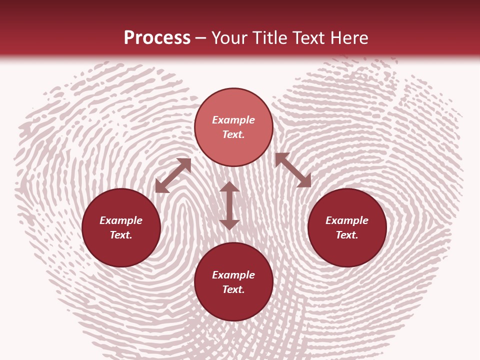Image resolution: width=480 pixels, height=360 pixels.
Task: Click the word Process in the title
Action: (x=157, y=38)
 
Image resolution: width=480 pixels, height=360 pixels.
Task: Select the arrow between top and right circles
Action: (x=293, y=170)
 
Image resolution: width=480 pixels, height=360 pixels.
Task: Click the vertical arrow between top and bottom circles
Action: (x=229, y=205)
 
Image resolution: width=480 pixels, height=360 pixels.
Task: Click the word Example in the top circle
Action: (x=233, y=120)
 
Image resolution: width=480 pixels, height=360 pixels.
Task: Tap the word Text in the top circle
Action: (x=233, y=134)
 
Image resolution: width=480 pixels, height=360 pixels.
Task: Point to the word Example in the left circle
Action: (x=121, y=220)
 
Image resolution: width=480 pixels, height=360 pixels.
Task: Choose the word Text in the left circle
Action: (x=121, y=235)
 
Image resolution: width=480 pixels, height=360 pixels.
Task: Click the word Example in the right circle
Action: (x=347, y=220)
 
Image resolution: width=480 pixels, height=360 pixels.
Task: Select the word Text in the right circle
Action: (x=347, y=235)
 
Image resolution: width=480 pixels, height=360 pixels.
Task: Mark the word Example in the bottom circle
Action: (x=233, y=275)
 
